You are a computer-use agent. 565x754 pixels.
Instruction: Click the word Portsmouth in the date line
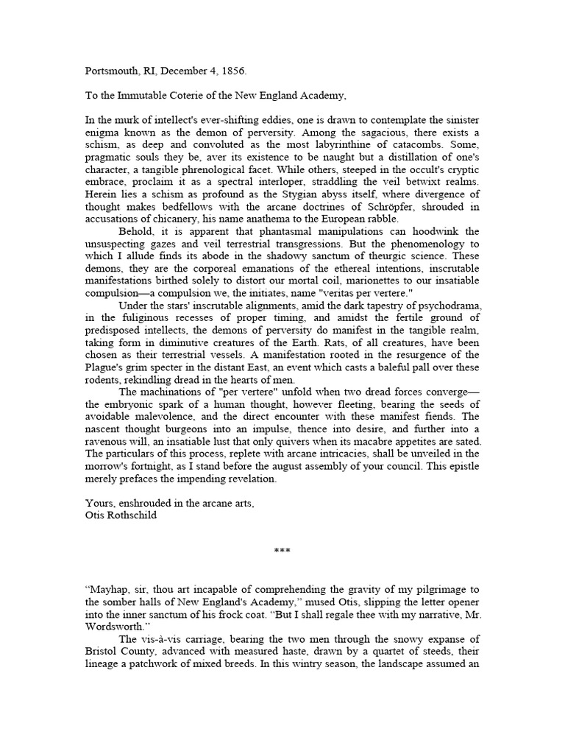click(111, 73)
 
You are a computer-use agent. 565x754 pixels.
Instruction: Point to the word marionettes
click(319, 281)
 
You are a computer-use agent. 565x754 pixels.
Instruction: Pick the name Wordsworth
click(120, 626)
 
